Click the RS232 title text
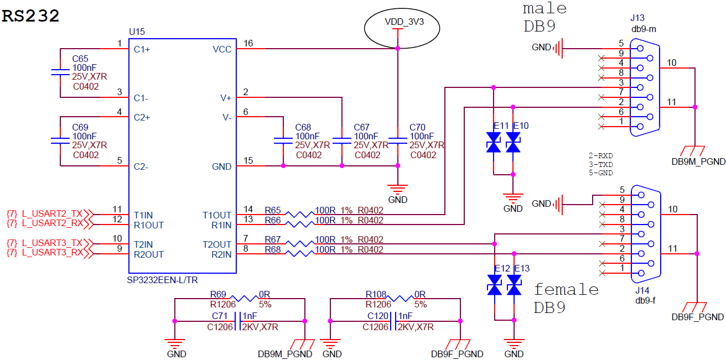point(31,16)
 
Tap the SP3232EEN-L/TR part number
point(162,280)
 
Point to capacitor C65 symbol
point(59,72)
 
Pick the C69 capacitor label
point(80,127)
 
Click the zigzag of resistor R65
point(295,214)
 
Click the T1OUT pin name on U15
point(217,215)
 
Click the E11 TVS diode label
point(501,126)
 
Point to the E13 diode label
point(521,269)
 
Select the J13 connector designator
point(637,18)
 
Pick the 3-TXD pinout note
point(601,165)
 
